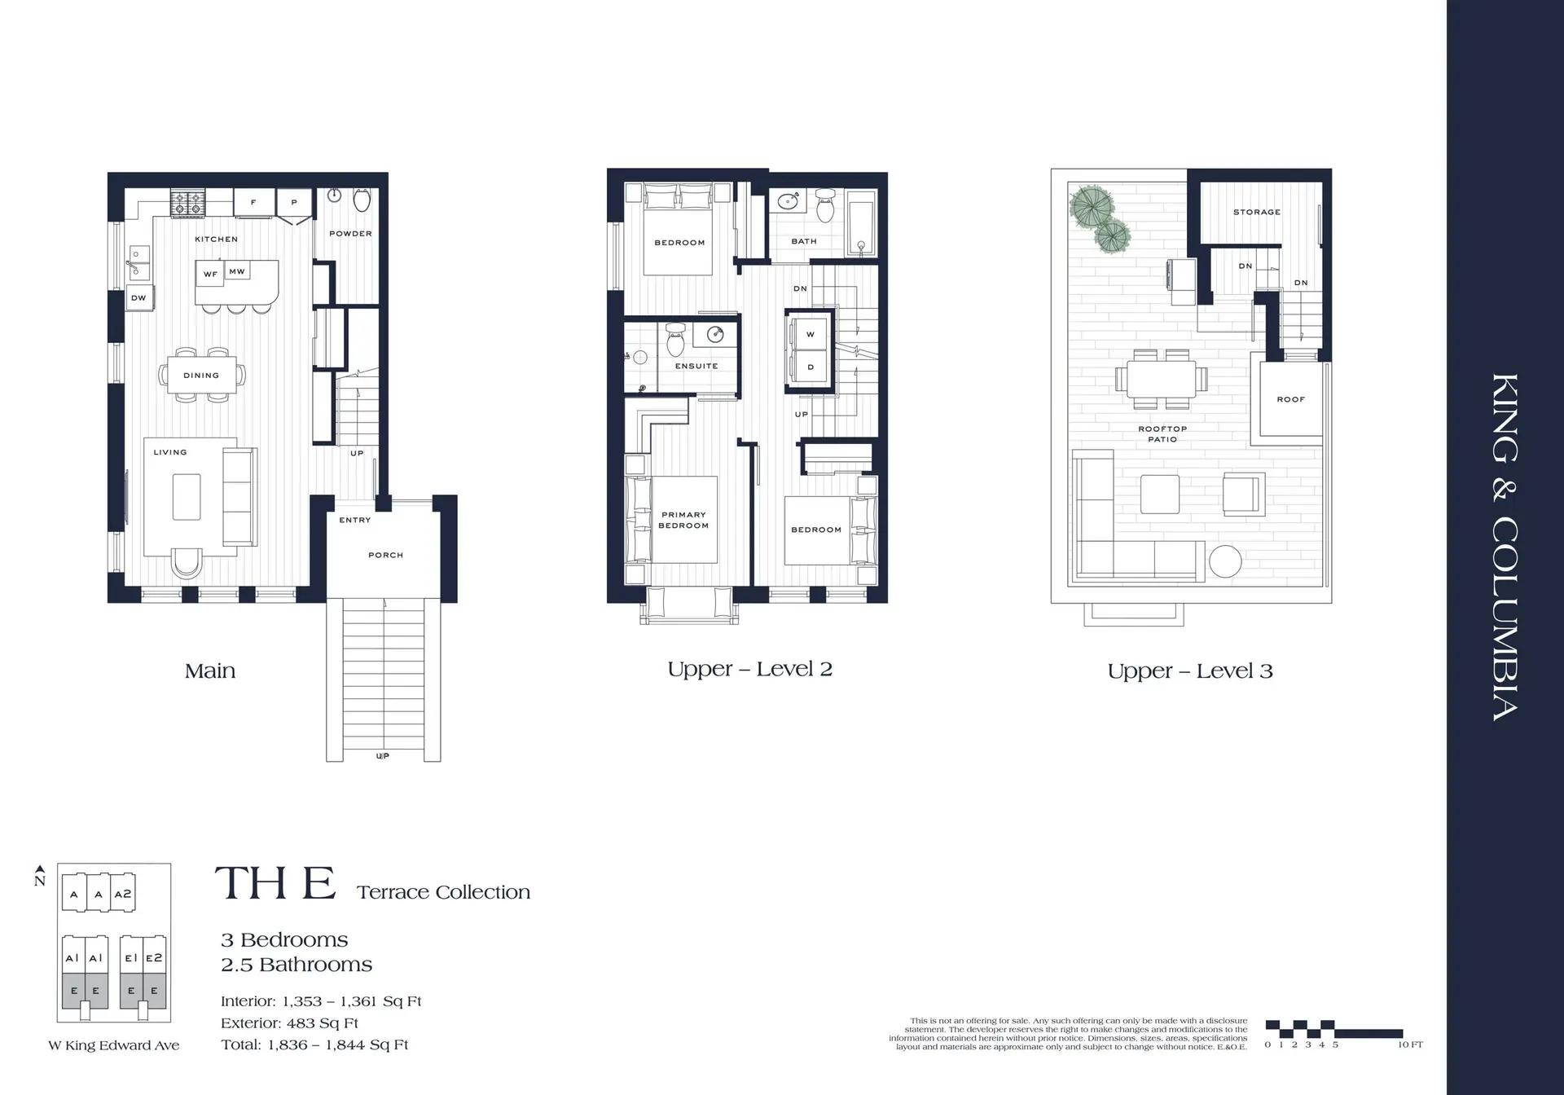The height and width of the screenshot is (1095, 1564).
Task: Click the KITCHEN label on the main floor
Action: tap(216, 239)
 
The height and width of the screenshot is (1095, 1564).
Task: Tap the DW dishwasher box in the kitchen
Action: tap(138, 298)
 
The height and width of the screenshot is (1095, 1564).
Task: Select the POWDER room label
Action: tap(350, 234)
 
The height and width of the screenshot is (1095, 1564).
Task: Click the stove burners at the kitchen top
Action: tap(187, 203)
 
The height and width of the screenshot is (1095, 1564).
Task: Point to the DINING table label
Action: tap(201, 376)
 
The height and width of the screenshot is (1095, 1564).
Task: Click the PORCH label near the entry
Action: tap(385, 555)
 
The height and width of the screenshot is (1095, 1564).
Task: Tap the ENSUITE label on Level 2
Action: tap(696, 366)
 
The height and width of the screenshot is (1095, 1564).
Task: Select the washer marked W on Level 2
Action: tap(810, 334)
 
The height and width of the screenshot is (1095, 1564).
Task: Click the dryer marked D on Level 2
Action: tap(810, 367)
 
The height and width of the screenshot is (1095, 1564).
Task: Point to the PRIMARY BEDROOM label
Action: tap(683, 520)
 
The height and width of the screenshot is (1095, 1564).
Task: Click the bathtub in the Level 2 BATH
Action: tap(861, 223)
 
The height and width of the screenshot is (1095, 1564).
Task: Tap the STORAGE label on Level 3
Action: tap(1256, 212)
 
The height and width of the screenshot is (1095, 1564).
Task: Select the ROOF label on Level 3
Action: tap(1290, 399)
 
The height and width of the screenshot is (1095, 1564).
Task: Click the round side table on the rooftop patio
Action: tap(1224, 561)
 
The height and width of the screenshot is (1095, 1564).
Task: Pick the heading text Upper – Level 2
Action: tap(749, 670)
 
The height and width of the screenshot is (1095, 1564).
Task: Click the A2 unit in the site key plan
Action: tap(122, 894)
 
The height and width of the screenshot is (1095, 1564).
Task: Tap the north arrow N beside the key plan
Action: tap(40, 877)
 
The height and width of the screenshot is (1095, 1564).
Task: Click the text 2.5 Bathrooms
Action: tap(297, 965)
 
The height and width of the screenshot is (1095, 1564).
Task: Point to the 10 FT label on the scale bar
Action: tap(1410, 1044)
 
